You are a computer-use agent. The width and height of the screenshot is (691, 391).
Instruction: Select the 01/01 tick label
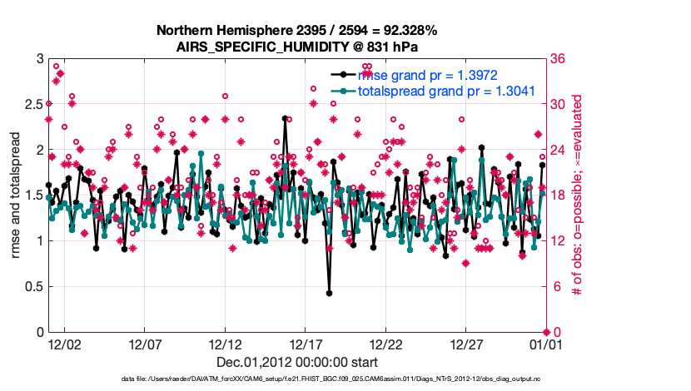coord(548,343)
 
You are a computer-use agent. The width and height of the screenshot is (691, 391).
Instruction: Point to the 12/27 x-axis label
coord(467,343)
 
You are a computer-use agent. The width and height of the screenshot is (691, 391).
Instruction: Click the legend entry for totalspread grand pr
coord(445,91)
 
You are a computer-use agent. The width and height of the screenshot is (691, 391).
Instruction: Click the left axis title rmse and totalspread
coord(15,195)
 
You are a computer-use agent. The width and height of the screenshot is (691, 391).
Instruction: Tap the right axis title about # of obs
coord(575,195)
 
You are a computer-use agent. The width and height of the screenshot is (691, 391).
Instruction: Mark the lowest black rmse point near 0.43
coord(330,293)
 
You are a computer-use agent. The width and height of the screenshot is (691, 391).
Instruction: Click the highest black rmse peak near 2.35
coord(285,118)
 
